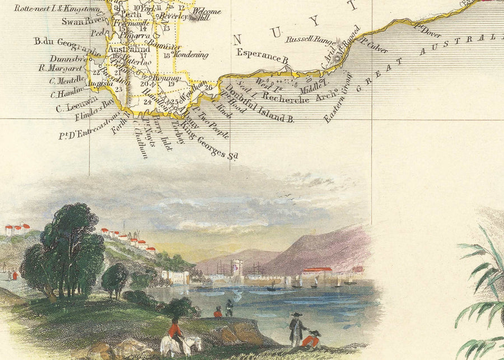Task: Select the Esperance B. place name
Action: click(262, 56)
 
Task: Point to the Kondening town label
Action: click(190, 55)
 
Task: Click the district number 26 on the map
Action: click(208, 87)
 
